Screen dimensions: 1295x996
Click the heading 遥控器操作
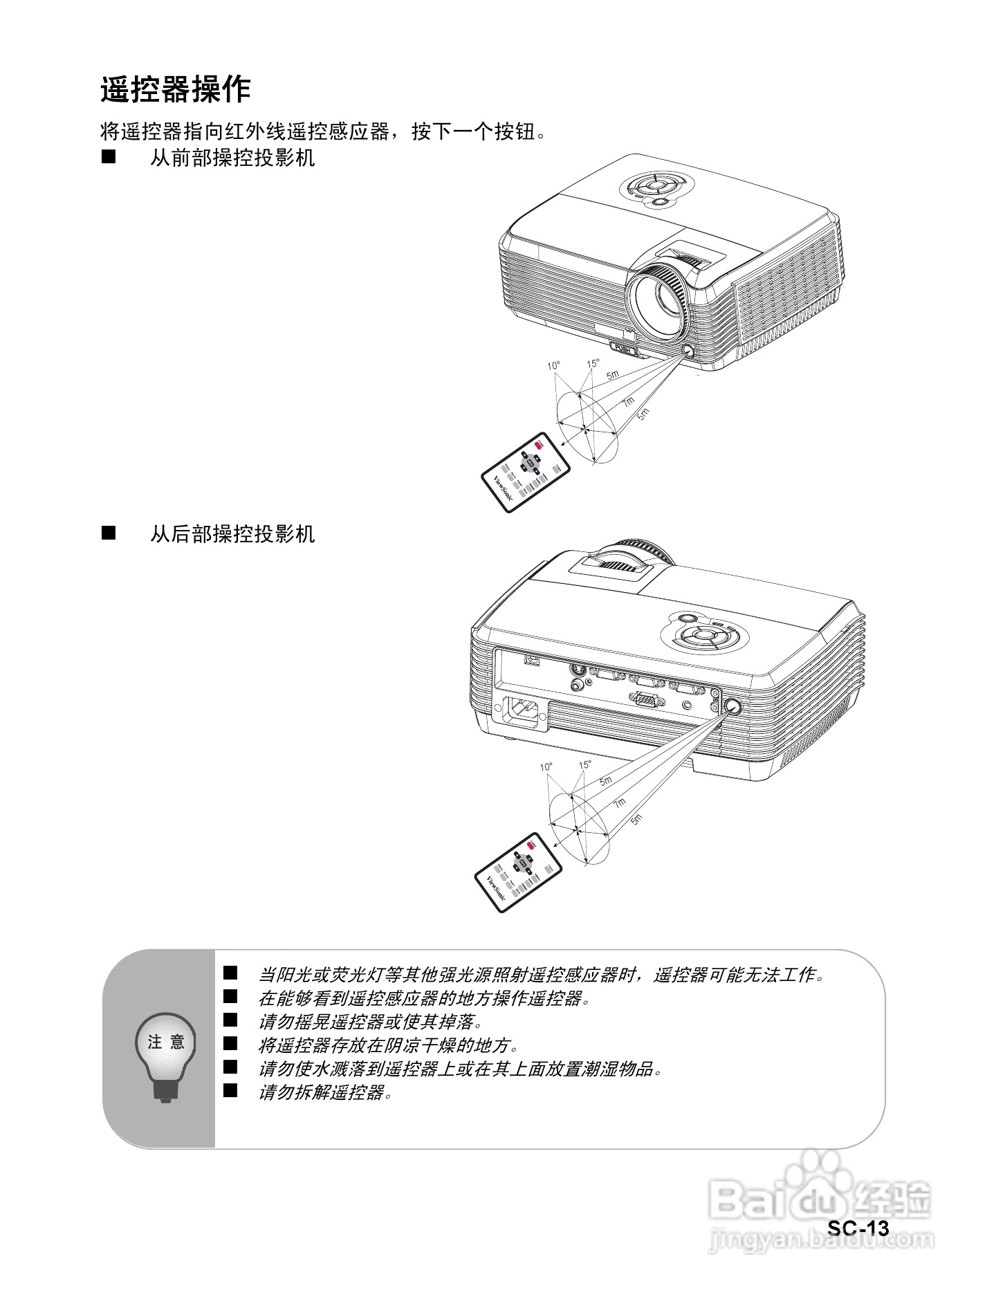[x=175, y=90]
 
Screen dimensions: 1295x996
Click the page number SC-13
[x=858, y=1228]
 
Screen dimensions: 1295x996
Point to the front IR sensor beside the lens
[x=689, y=351]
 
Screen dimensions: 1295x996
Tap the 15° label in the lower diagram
[x=585, y=765]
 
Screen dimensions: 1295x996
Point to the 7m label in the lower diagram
[x=619, y=802]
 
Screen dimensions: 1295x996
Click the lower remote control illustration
[x=518, y=872]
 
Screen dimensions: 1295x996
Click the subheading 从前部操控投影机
[x=232, y=158]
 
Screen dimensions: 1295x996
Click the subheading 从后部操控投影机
[x=232, y=534]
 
